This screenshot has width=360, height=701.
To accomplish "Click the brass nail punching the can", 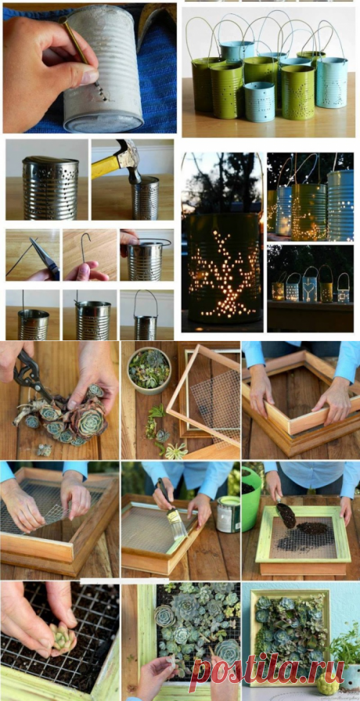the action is tap(81, 49).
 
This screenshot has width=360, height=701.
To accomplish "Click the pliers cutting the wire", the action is tap(45, 258).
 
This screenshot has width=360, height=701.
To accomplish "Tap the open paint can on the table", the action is tap(228, 514).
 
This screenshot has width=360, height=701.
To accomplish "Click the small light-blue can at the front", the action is tap(260, 101).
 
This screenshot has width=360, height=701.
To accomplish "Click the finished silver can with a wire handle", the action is tap(146, 318).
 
